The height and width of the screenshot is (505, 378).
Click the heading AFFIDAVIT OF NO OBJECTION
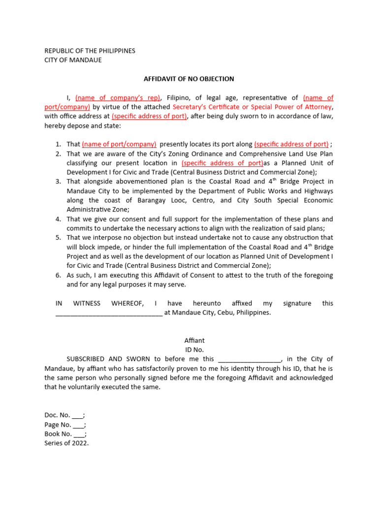(189, 79)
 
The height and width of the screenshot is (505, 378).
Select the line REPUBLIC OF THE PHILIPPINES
(90, 51)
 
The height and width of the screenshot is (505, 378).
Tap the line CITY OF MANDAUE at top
(73, 60)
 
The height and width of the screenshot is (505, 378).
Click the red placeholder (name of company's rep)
(118, 98)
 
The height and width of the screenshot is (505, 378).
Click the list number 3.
(58, 181)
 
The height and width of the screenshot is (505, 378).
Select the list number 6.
(58, 275)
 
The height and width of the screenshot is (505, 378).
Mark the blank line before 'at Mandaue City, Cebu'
(109, 313)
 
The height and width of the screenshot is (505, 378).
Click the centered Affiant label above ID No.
(194, 340)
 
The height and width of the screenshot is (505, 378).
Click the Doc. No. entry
(64, 415)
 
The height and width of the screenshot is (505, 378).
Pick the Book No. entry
(65, 434)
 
